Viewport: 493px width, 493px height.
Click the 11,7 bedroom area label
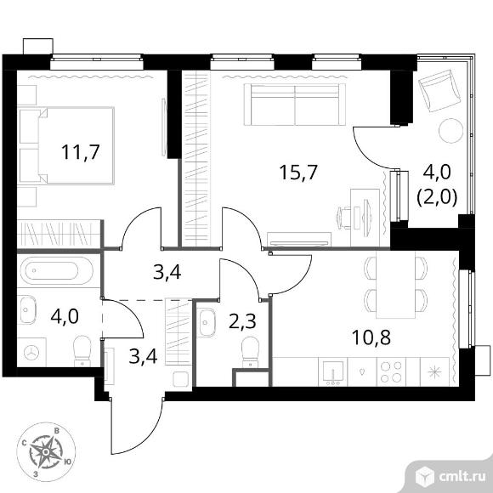coord(81,151)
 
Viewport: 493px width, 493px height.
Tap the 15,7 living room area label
coord(298,173)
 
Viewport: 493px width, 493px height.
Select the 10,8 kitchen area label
coord(371,337)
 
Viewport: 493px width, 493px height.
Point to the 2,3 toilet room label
coord(242,321)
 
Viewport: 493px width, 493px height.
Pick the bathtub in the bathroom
coord(57,270)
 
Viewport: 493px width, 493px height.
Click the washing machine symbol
coord(31,352)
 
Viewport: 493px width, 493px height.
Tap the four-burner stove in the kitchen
coord(391,371)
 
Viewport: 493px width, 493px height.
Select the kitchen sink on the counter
coord(332,371)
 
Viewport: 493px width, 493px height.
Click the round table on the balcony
coord(451,131)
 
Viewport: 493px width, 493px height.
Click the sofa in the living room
coord(295,104)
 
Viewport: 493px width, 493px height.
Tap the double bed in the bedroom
coord(66,145)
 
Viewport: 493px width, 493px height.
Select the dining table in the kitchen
coord(395,285)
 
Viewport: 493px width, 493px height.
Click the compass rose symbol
coord(46,452)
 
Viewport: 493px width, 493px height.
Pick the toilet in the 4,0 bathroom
coord(82,351)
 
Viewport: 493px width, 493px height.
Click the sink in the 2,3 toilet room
coord(207,322)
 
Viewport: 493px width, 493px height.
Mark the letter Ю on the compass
coord(67,462)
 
